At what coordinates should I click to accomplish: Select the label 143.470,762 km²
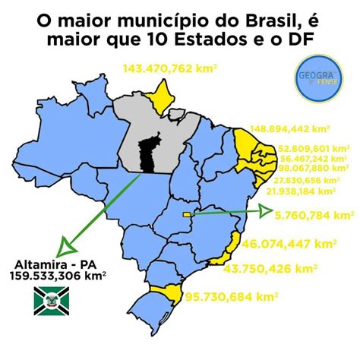pyautogui.click(x=172, y=69)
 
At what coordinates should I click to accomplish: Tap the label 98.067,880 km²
pyautogui.click(x=313, y=168)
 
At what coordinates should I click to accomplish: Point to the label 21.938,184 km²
pyautogui.click(x=308, y=191)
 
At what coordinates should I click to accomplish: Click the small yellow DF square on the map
pyautogui.click(x=189, y=215)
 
